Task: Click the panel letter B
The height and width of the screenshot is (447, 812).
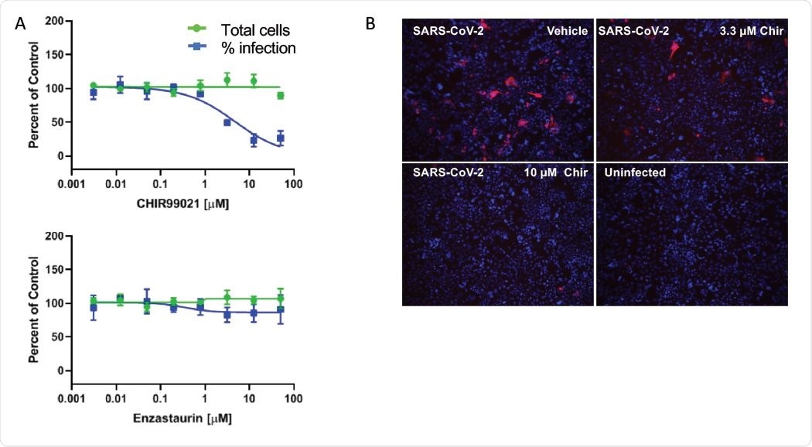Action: point(370,24)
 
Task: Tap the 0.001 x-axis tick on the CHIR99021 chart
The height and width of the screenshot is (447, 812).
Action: point(71,185)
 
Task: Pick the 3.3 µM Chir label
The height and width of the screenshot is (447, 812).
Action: point(748,31)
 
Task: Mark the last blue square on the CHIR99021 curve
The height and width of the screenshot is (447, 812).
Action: point(281,138)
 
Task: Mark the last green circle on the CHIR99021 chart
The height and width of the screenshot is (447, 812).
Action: point(280,96)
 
